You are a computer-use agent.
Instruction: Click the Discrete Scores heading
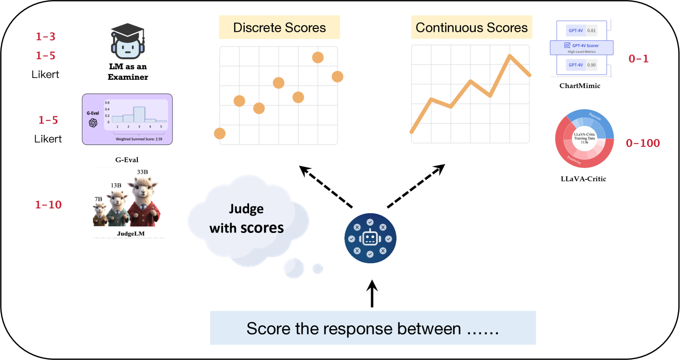tap(279, 27)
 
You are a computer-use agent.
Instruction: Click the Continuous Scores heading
tap(471, 27)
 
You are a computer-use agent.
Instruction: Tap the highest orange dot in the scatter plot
tap(317, 57)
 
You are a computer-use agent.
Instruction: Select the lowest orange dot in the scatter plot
tap(220, 133)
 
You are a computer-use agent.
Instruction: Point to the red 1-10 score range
tap(48, 205)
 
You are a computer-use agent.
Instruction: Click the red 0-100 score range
tap(642, 143)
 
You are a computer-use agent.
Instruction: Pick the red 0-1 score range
tap(639, 59)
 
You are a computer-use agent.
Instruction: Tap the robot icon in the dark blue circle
tap(370, 237)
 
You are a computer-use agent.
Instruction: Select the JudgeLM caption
tap(128, 234)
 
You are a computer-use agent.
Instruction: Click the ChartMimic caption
tap(580, 86)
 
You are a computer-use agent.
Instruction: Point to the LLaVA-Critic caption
tap(583, 179)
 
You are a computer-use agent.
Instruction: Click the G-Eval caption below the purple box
tap(127, 160)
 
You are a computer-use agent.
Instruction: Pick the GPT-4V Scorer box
tap(582, 47)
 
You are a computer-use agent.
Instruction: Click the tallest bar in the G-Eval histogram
tap(139, 115)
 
